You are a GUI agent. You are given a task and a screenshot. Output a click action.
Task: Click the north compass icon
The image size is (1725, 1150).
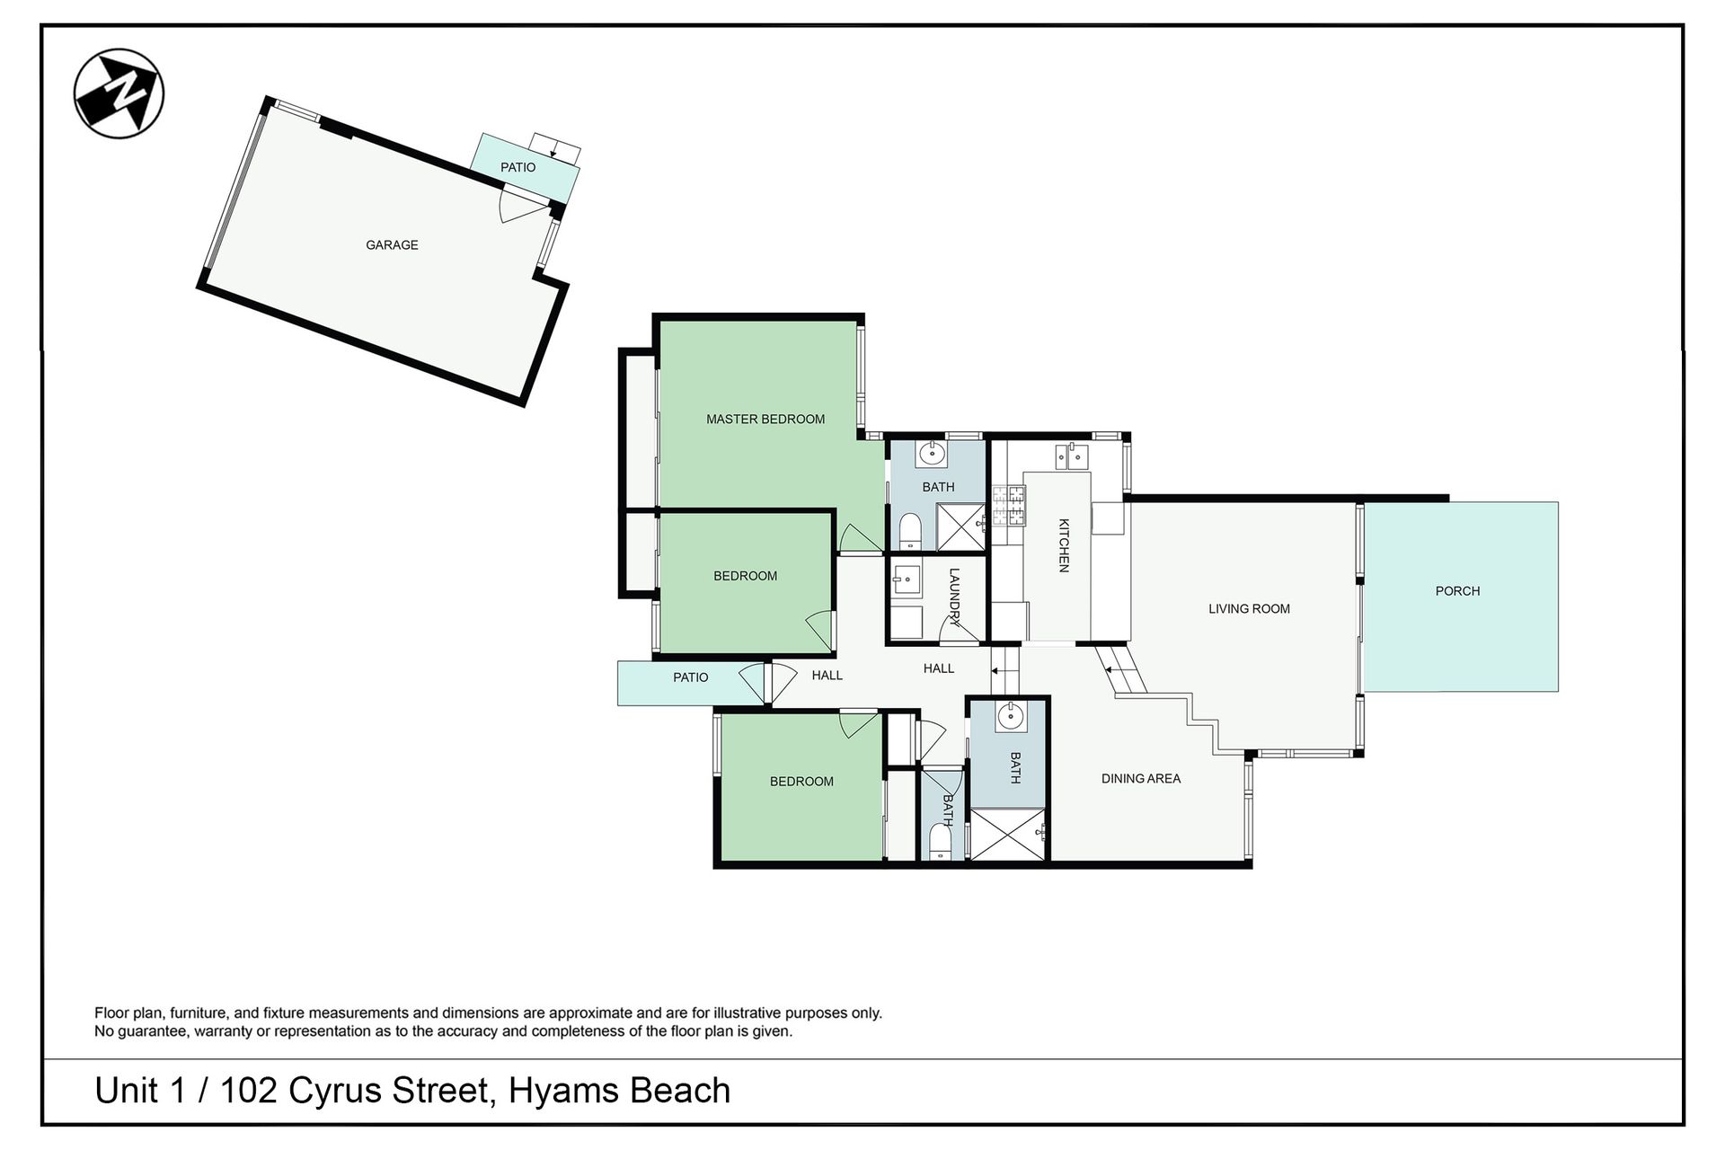(119, 93)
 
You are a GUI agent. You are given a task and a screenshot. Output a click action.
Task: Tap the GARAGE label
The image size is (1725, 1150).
(392, 244)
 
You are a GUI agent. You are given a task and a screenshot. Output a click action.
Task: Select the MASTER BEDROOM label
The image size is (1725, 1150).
(765, 419)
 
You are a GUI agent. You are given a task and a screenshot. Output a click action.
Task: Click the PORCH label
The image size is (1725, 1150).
(1457, 591)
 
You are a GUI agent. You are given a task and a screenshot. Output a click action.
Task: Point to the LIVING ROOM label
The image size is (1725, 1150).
(1249, 608)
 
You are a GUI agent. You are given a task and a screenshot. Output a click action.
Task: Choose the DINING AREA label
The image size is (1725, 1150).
(1141, 778)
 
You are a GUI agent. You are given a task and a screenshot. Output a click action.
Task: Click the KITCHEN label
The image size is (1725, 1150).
(1064, 545)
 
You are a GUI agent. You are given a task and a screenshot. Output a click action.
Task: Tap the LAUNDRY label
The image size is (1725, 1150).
(954, 597)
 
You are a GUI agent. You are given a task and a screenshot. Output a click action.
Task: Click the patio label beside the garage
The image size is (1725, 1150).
(517, 167)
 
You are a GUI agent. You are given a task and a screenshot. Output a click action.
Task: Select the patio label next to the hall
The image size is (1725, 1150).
(690, 677)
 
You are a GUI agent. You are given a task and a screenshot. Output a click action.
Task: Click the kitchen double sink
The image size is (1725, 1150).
(1071, 456)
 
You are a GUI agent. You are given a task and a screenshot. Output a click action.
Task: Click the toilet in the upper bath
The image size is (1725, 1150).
(910, 532)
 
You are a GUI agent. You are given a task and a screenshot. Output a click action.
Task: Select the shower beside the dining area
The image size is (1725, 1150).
(1008, 835)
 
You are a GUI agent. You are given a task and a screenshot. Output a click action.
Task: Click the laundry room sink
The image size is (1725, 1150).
(906, 580)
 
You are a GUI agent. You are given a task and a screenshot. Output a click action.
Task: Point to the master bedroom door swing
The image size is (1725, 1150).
(861, 538)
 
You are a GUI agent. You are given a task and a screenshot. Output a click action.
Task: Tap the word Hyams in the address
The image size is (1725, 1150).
(563, 1091)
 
